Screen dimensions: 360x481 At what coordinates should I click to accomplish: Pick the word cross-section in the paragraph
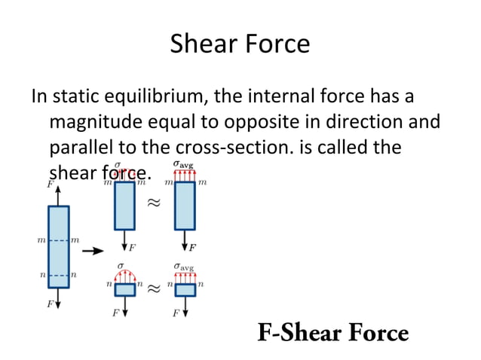tap(241, 146)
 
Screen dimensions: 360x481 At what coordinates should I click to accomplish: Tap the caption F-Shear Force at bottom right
tap(333, 332)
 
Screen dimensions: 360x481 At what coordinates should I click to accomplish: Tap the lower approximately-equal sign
tap(154, 288)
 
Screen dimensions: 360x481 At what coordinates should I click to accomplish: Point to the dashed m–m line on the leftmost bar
tap(58, 240)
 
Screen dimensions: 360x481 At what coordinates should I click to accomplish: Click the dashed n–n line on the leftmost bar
tap(58, 276)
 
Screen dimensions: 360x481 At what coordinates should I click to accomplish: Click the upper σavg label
tap(184, 163)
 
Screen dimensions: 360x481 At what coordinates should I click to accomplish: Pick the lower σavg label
tap(184, 266)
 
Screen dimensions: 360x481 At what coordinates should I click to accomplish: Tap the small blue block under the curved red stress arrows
tap(124, 289)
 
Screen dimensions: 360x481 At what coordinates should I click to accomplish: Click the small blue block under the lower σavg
tap(185, 289)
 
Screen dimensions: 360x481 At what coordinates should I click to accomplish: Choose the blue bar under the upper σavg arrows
tap(185, 206)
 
